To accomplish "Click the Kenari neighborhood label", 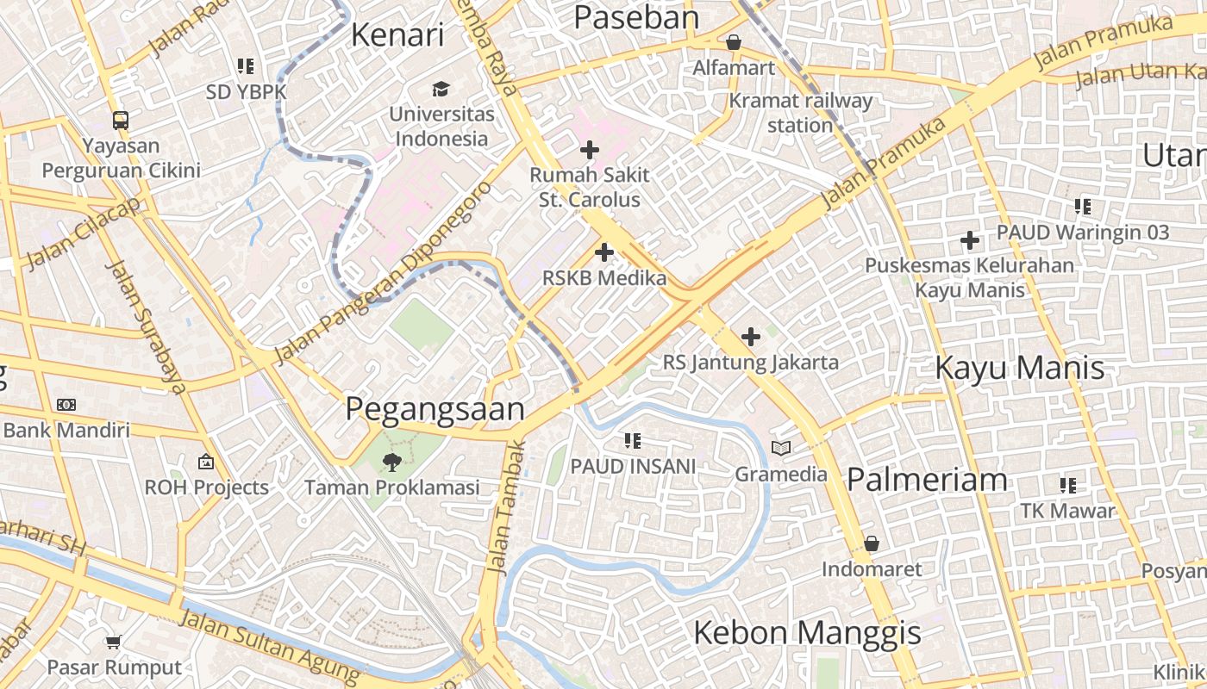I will pos(397,35).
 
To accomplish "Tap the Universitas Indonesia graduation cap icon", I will pos(441,89).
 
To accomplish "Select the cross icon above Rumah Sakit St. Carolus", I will pos(590,150).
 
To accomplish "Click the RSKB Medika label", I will pos(604,278).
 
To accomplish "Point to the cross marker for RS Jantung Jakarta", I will pos(751,337).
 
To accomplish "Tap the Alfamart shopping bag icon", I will pos(734,41).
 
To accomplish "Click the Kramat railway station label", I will pos(801,112).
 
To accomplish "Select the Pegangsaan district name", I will pos(435,409).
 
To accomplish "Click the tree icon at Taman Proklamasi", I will pos(392,462).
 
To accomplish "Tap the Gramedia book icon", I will pos(781,449).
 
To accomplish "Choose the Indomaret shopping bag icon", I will pos(872,543).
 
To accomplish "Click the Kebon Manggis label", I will pos(807,634).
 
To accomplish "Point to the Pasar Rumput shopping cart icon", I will pos(114,642).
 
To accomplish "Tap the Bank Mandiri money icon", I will pos(66,405).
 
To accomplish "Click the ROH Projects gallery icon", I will pos(206,462).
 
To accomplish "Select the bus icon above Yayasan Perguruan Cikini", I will pos(121,121).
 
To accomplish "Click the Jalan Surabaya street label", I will pos(145,326).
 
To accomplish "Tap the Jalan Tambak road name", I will pos(506,508).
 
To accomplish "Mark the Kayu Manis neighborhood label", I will pos(1019,369).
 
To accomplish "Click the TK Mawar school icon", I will pos(1068,485).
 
